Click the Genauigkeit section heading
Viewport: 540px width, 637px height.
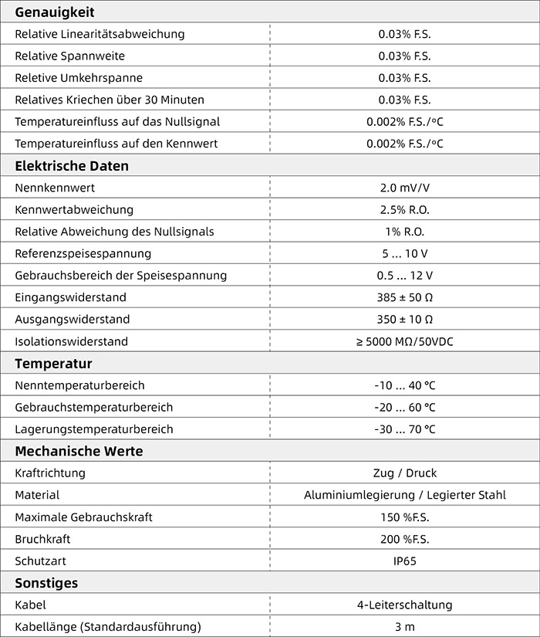tap(54, 12)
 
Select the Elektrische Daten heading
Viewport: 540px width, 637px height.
tap(72, 166)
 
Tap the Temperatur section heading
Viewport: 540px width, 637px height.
tap(53, 364)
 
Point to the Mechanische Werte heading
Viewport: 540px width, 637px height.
tap(79, 452)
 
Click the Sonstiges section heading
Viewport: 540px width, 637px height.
tap(46, 583)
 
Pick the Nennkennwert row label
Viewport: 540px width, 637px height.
tap(55, 188)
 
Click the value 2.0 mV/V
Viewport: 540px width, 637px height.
tap(404, 188)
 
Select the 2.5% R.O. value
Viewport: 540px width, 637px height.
tap(404, 210)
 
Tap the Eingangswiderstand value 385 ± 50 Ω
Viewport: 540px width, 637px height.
tap(404, 297)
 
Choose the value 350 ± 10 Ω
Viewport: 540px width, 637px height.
tap(404, 320)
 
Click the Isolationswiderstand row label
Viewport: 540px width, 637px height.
tap(71, 341)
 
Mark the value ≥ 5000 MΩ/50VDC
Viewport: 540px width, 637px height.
tap(404, 341)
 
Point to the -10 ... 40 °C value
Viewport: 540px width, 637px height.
tap(404, 385)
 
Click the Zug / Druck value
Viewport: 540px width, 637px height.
tap(404, 473)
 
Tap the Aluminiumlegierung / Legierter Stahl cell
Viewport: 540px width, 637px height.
tap(404, 495)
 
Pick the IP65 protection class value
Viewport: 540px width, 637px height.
tap(404, 561)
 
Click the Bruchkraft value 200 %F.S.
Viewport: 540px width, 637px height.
tap(404, 539)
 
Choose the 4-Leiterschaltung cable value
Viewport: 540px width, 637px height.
tap(404, 605)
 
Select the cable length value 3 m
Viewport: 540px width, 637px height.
tap(404, 626)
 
